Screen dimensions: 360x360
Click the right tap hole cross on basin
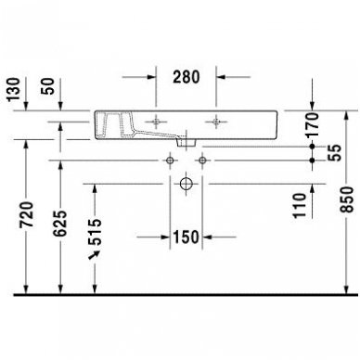(x=215, y=121)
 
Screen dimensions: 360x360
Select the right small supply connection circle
(x=202, y=160)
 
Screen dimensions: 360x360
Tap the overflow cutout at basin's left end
(x=117, y=122)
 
